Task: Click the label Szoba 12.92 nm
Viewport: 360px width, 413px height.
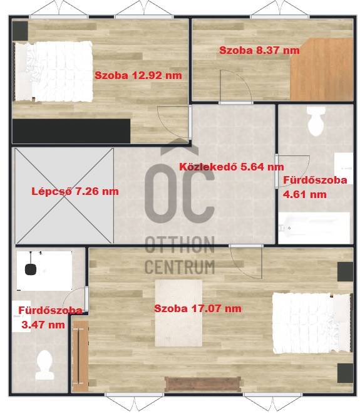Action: click(138, 75)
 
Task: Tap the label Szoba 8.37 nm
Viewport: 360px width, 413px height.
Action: click(259, 50)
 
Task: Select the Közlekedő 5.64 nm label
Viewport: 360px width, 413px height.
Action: click(232, 167)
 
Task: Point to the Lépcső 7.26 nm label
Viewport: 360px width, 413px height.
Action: click(75, 191)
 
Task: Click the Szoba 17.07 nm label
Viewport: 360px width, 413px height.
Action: click(198, 308)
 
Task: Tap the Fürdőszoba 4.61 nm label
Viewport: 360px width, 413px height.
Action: click(315, 187)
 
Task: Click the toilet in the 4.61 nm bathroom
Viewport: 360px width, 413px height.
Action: click(316, 121)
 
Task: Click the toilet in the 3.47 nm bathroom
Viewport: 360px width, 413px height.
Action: click(45, 365)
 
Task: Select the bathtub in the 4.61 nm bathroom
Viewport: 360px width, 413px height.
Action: click(314, 228)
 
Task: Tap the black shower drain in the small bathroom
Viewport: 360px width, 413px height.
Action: click(30, 269)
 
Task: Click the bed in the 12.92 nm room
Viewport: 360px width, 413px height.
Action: click(54, 71)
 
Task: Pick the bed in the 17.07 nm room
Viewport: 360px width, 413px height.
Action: click(312, 323)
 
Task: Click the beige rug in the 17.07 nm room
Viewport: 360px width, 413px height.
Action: click(178, 313)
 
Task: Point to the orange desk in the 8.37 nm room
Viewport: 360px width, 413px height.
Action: click(322, 69)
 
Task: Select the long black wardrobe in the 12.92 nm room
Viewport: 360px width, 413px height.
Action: click(71, 131)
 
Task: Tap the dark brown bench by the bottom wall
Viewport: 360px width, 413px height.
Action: click(203, 384)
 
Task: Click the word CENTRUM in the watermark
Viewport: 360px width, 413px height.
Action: click(180, 266)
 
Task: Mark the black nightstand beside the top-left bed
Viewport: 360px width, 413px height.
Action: click(20, 31)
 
